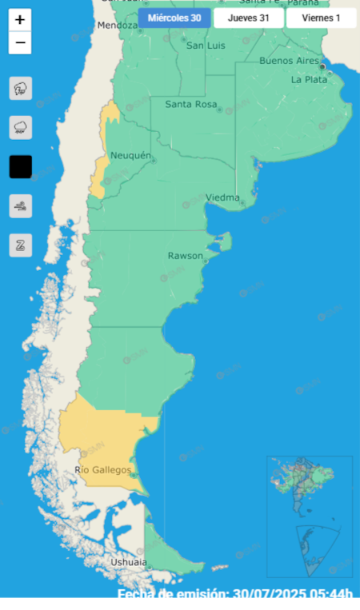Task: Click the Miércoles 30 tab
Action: point(174,18)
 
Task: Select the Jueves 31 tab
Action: point(248,18)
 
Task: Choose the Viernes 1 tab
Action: point(321,18)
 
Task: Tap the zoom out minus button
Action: point(20,43)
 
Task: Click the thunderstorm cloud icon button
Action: point(20,88)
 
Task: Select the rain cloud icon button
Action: point(20,127)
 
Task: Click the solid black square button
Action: point(20,166)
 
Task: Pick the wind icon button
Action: point(20,205)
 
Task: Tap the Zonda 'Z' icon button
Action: point(20,245)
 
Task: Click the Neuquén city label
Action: point(130,155)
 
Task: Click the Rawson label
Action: point(185,256)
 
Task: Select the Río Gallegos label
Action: point(102,470)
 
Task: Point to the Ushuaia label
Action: point(128,562)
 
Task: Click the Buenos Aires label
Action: point(289,61)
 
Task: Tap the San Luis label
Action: point(205,46)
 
